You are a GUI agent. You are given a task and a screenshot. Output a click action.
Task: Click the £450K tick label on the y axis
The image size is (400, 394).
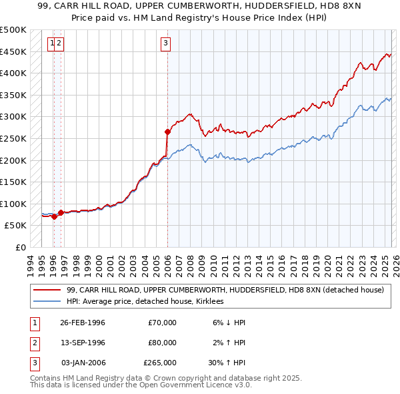coord(13,51)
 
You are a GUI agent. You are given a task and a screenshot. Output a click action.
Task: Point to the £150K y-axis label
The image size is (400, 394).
coord(13,182)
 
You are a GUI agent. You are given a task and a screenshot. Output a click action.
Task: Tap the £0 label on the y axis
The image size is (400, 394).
coord(20,247)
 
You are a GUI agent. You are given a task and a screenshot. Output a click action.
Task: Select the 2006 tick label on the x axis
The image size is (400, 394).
coord(167,263)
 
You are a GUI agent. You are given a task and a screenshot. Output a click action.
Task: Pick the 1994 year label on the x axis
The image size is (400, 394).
coord(31,263)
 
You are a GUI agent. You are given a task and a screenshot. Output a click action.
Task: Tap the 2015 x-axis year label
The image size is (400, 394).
coord(270,263)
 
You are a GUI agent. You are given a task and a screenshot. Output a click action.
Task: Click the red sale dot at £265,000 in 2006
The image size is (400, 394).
coord(167,132)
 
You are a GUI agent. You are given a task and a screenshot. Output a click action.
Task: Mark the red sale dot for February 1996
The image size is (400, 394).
coord(54,216)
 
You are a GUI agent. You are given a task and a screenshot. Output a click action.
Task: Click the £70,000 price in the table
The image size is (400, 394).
coord(163,323)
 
